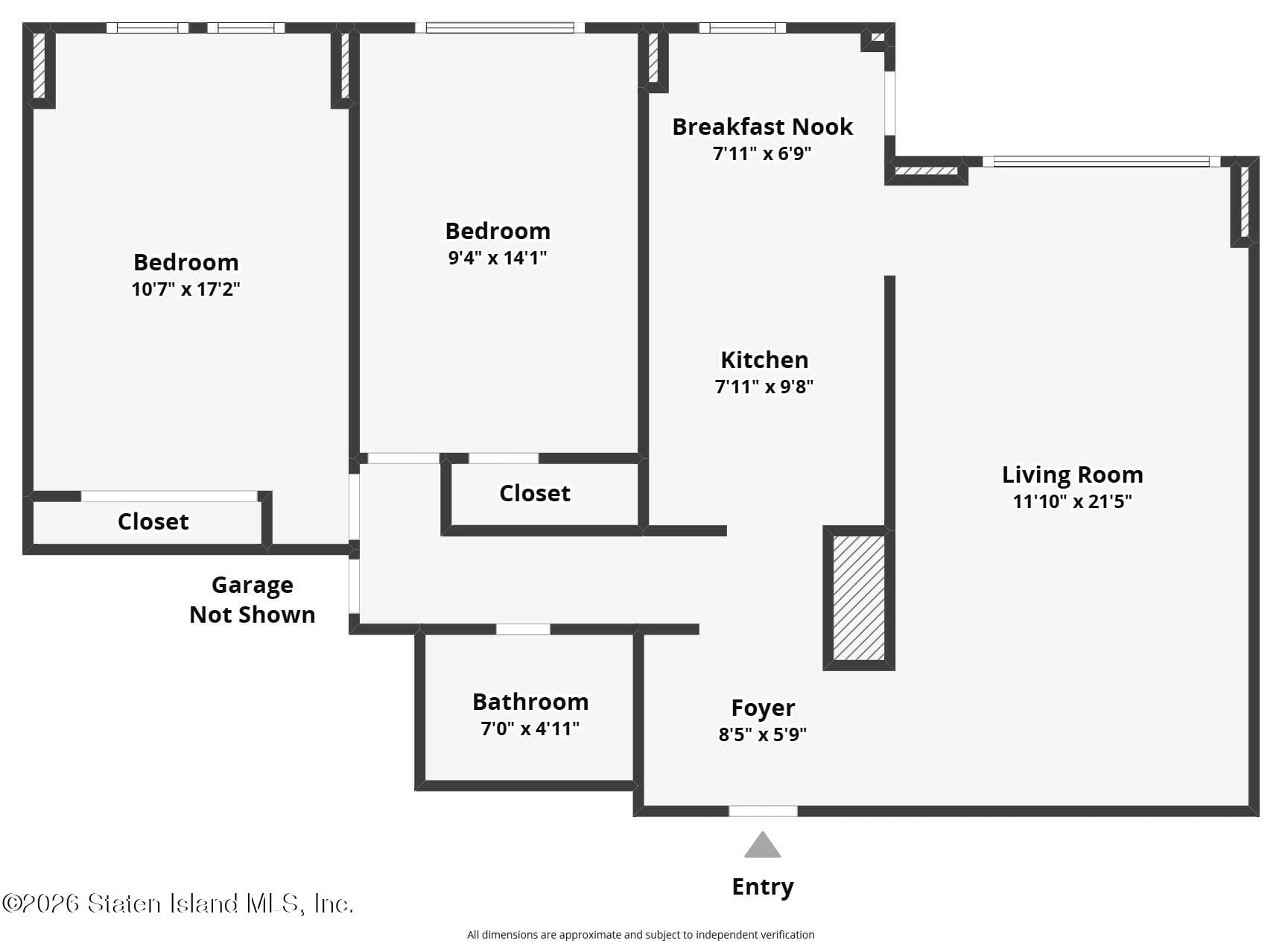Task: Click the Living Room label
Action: (1071, 474)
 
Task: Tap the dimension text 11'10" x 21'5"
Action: (1071, 501)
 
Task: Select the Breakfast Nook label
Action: (762, 127)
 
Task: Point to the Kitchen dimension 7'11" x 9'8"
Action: (764, 387)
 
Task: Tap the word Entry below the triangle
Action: (762, 886)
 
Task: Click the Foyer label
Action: (762, 708)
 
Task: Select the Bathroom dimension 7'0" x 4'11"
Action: (530, 728)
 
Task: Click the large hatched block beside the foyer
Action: (858, 597)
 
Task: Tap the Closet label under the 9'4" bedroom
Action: (534, 493)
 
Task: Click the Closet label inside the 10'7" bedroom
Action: (153, 521)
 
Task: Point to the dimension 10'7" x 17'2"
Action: (185, 289)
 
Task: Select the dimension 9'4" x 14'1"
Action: (497, 258)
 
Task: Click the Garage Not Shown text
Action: (252, 600)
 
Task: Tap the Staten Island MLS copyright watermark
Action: (177, 904)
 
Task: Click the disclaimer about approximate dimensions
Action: (640, 935)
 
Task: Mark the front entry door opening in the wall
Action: (762, 811)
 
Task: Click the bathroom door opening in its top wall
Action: (523, 629)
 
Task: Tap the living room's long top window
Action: (1100, 162)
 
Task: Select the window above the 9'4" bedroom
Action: (499, 28)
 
